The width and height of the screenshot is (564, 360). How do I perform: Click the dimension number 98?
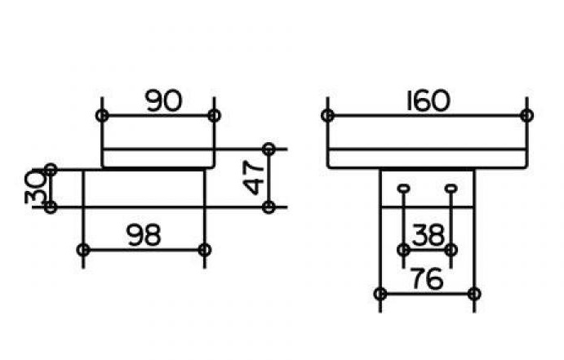click(x=143, y=235)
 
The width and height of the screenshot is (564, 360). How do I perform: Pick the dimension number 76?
click(x=427, y=279)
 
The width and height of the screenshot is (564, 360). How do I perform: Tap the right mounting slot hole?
click(x=451, y=189)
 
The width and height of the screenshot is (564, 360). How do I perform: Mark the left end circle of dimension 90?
click(x=101, y=115)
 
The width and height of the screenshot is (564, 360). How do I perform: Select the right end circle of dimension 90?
click(x=214, y=115)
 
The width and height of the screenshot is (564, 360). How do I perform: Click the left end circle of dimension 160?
click(x=327, y=115)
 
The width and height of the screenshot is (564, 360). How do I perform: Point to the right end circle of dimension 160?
click(x=526, y=115)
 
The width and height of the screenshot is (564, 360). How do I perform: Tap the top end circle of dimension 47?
click(x=269, y=149)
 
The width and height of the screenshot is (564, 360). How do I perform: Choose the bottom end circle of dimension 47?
click(x=269, y=207)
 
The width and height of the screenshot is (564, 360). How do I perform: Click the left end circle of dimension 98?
click(x=82, y=249)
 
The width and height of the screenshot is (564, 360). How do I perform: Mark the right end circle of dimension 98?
click(x=204, y=249)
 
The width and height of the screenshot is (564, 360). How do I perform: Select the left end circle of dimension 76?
click(x=380, y=293)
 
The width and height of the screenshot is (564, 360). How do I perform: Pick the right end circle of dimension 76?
click(x=475, y=293)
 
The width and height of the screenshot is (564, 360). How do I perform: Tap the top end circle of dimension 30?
click(x=51, y=170)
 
